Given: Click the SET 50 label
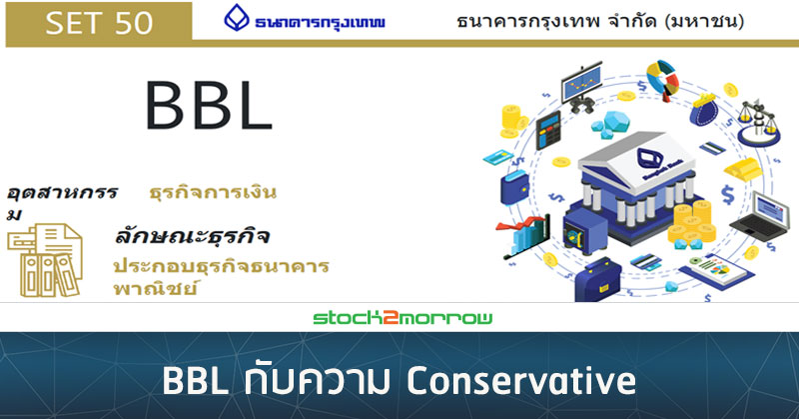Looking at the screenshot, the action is (99, 22).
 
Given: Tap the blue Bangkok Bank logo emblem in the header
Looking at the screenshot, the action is (237, 18).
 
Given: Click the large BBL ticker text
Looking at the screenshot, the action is (209, 106).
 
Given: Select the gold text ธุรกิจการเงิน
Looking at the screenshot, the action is (213, 193).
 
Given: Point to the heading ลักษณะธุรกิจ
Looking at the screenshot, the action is (192, 236).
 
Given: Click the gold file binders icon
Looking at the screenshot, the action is (45, 259).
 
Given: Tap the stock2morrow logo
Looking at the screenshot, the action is (402, 317).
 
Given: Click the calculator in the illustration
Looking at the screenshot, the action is (547, 130).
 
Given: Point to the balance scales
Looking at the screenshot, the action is (759, 120).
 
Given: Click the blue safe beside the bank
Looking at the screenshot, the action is (583, 230).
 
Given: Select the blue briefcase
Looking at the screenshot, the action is (597, 280).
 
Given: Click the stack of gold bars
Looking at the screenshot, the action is (742, 167).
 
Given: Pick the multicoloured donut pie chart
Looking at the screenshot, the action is (662, 79).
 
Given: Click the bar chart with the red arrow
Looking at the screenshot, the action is (523, 237).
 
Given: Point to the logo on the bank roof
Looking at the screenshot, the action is (647, 158).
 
